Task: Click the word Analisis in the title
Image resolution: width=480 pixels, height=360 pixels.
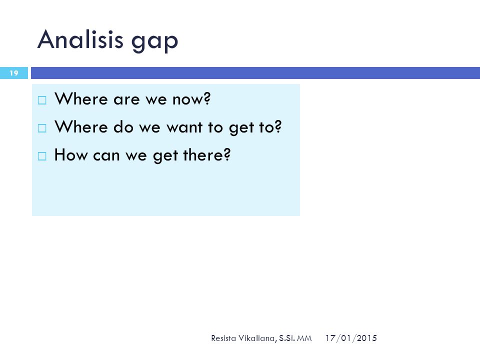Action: click(80, 39)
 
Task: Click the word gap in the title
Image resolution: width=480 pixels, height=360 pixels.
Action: click(154, 42)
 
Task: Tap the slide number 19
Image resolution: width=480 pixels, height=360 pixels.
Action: click(14, 73)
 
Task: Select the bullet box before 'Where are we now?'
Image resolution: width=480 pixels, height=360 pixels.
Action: click(42, 100)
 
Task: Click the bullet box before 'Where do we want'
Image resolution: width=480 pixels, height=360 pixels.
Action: click(42, 128)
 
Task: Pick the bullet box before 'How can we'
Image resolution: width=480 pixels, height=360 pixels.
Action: click(42, 156)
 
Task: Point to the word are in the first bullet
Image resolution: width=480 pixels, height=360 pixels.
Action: click(126, 100)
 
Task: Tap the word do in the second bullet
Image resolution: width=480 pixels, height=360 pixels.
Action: click(123, 126)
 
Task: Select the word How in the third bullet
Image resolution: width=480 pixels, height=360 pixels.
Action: click(71, 155)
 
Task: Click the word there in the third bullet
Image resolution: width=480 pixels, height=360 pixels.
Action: click(203, 155)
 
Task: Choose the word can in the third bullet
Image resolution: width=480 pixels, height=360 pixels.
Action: click(106, 155)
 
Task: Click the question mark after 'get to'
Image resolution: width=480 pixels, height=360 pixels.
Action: click(277, 126)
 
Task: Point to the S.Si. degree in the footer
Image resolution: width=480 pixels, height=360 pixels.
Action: click(287, 338)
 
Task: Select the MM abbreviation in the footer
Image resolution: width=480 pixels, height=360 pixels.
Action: click(304, 338)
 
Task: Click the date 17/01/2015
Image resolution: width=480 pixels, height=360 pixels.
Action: click(351, 338)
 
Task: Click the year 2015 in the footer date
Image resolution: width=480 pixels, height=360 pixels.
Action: click(366, 338)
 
